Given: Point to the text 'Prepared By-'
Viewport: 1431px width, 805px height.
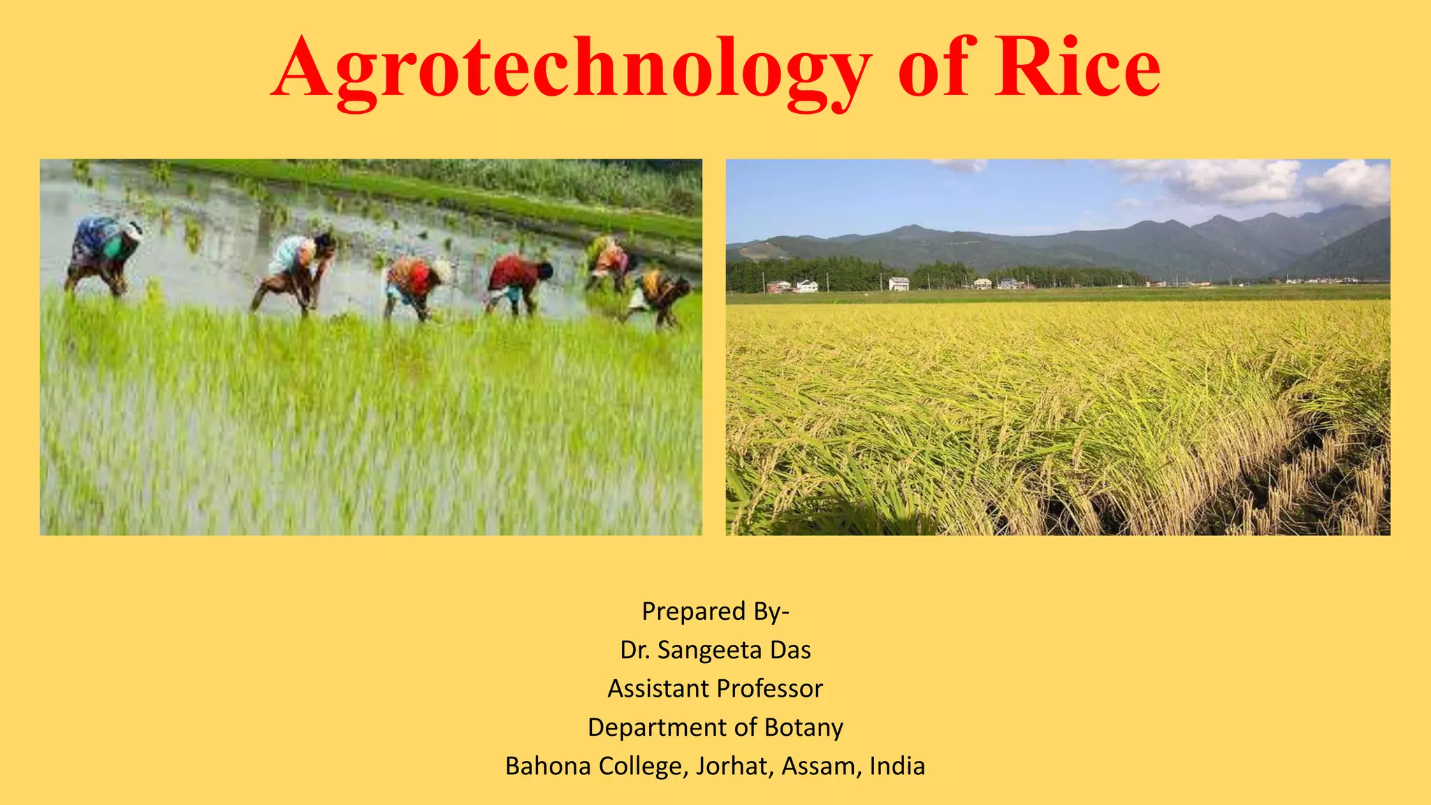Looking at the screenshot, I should (715, 611).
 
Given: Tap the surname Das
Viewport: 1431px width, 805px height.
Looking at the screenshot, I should (790, 651).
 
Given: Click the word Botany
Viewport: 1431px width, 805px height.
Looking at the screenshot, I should (804, 728).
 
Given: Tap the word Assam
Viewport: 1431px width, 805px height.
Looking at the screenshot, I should (822, 767).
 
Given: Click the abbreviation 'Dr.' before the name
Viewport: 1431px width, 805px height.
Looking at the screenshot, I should (634, 651).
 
